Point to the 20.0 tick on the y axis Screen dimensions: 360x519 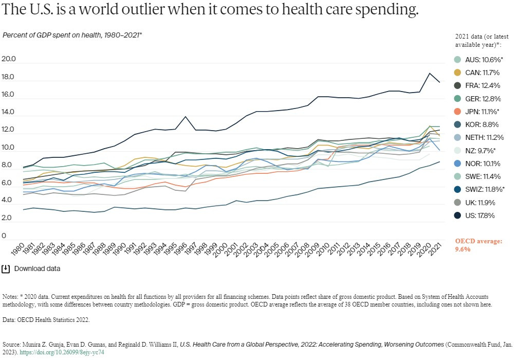coord(9,59)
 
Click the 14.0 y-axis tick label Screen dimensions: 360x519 coord(9,113)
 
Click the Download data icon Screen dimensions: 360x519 coord(6,268)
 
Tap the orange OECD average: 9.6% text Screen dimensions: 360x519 coord(478,245)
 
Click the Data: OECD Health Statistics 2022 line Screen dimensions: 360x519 coord(46,320)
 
